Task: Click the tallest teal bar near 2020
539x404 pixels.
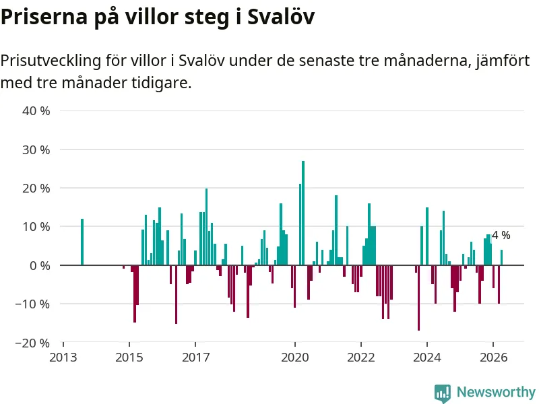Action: click(x=303, y=213)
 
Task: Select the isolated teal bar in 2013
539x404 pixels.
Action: click(x=82, y=242)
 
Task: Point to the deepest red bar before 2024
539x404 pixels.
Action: click(x=418, y=298)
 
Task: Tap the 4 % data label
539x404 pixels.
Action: click(x=501, y=235)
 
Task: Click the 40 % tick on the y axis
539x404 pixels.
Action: click(x=36, y=111)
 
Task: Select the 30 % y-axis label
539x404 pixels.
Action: click(x=36, y=149)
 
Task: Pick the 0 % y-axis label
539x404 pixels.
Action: click(x=40, y=265)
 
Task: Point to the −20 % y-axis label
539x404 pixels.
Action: click(x=32, y=343)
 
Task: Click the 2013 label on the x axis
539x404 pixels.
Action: click(x=63, y=358)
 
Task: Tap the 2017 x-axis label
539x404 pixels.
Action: click(x=195, y=358)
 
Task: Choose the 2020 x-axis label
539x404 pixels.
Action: click(x=295, y=358)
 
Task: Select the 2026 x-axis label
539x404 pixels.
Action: click(x=494, y=358)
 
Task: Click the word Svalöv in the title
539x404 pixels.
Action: click(x=281, y=16)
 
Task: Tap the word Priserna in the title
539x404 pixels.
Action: click(x=44, y=16)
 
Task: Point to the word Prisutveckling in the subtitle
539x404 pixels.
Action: click(x=51, y=61)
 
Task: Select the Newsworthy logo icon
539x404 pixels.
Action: click(x=443, y=393)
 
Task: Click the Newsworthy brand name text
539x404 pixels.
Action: click(x=496, y=392)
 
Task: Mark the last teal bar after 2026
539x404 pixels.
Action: click(x=501, y=257)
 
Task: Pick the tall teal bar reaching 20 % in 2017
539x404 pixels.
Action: click(x=207, y=227)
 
